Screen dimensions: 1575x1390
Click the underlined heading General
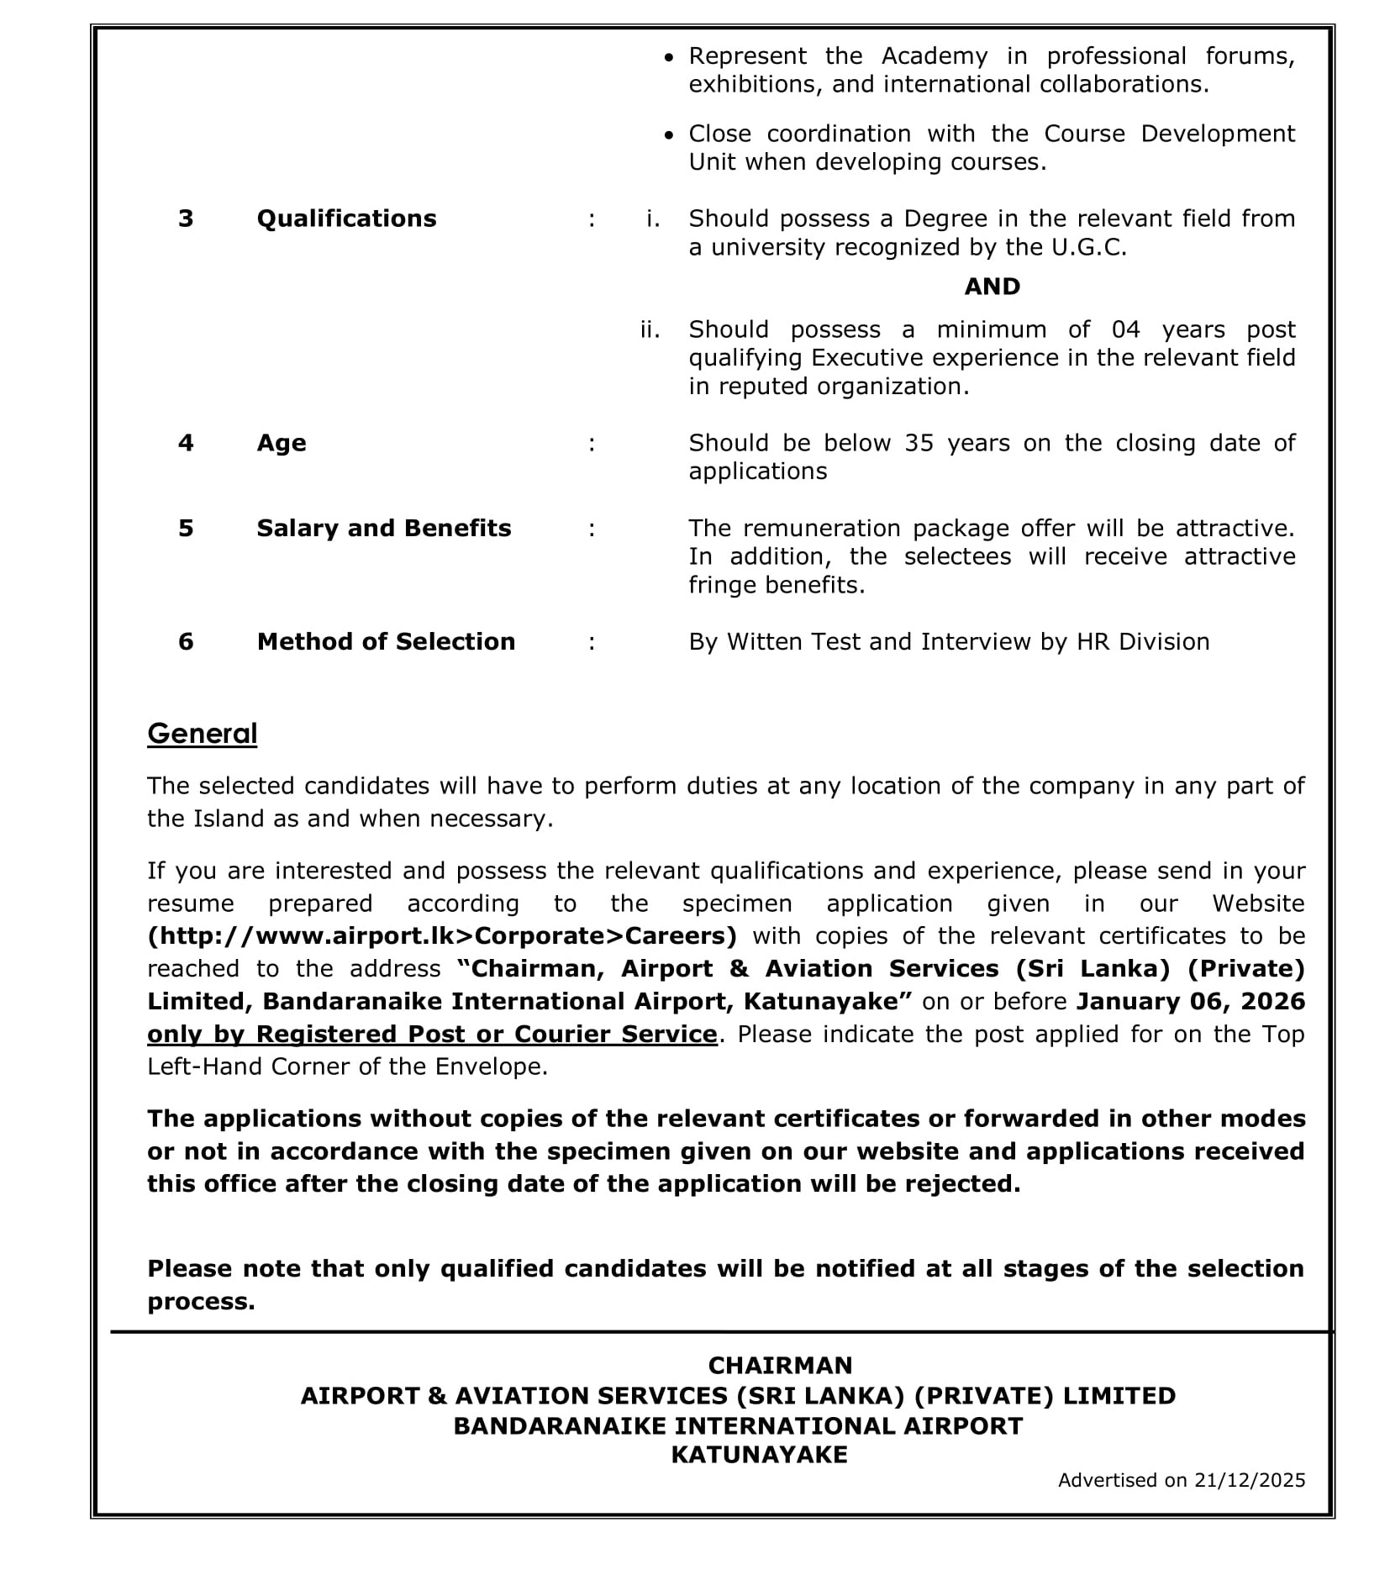point(202,734)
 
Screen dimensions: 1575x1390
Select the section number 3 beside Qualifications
point(186,219)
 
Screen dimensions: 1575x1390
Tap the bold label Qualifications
point(346,219)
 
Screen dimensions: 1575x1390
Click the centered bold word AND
point(992,287)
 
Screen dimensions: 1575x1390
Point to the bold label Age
point(282,443)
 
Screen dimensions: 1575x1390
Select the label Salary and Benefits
point(383,528)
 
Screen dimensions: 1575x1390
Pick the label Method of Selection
point(386,641)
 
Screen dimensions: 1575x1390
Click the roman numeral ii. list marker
point(650,329)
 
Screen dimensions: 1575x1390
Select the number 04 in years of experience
point(1125,329)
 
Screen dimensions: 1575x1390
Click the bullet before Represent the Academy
point(669,57)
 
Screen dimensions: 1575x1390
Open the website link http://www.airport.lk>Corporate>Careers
point(442,935)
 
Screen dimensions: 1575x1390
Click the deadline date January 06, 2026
point(1190,1001)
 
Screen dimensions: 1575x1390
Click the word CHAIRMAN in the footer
point(780,1365)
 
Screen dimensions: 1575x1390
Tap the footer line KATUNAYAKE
point(759,1455)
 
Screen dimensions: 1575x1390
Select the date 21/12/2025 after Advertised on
point(1249,1480)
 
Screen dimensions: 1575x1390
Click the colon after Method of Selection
point(592,642)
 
